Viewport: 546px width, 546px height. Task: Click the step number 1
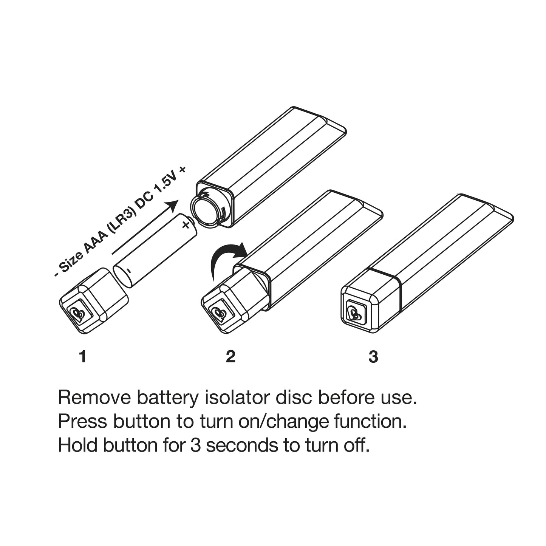point(83,356)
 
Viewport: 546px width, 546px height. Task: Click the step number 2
point(230,356)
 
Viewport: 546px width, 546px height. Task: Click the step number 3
point(373,356)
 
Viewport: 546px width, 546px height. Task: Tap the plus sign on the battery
point(186,225)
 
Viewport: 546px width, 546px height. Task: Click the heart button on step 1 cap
point(80,314)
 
